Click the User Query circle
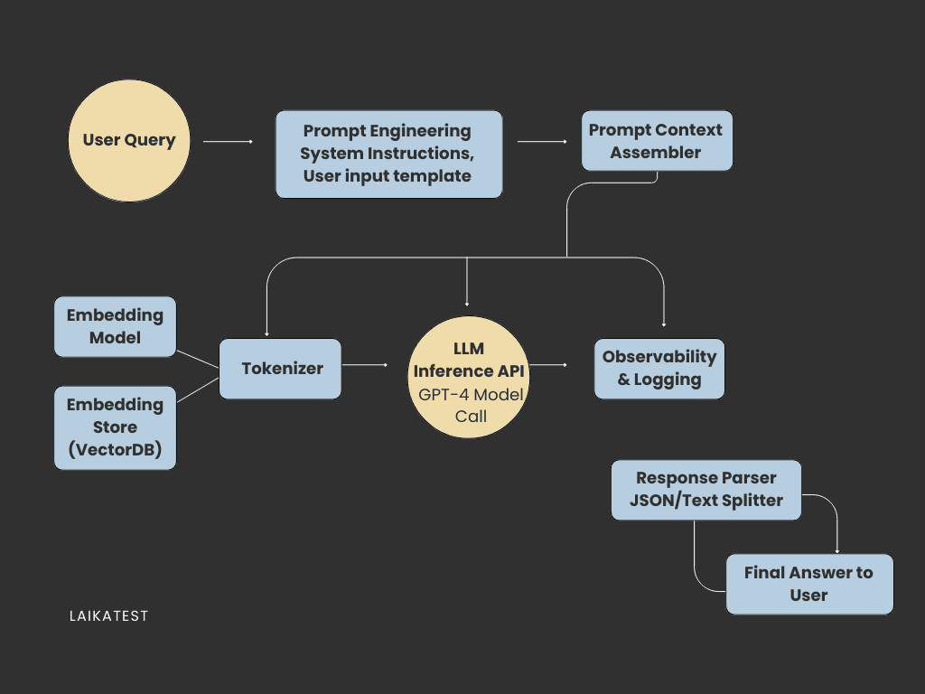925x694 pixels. [x=129, y=141]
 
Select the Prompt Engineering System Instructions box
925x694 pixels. [x=388, y=154]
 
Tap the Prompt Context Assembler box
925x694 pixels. [x=656, y=141]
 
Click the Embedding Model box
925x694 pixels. [x=115, y=326]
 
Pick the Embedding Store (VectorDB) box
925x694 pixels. [x=115, y=427]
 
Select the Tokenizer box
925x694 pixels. [x=281, y=369]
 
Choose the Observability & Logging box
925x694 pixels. [x=659, y=369]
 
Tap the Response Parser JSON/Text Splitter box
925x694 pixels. [x=705, y=490]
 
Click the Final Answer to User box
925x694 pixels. [x=808, y=584]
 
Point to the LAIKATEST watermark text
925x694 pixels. [x=108, y=616]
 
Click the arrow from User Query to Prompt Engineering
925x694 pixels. [x=228, y=142]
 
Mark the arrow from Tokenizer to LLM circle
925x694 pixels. [x=366, y=365]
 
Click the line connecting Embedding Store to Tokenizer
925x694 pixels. [x=198, y=388]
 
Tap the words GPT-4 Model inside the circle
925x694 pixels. [x=471, y=395]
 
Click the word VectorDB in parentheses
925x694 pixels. [x=115, y=450]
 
